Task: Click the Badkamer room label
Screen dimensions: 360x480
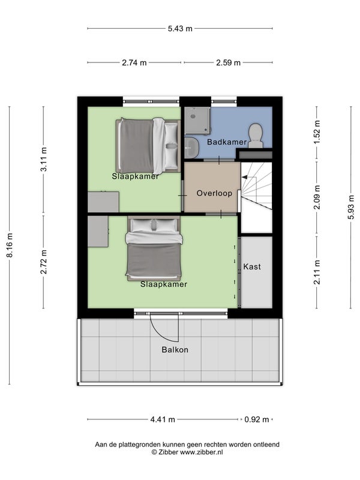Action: pos(227,142)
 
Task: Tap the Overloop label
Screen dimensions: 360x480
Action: pos(214,193)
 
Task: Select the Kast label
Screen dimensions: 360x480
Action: pos(252,266)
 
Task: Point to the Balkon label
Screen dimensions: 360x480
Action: pos(175,350)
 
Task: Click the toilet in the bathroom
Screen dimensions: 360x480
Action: pos(256,136)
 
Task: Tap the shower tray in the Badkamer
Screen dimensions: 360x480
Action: pos(197,121)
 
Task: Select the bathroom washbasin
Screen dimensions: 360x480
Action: pos(191,148)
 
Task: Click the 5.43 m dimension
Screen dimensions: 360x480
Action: pos(180,28)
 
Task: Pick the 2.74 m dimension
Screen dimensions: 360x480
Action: pos(134,63)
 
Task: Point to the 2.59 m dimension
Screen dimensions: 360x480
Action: pos(229,63)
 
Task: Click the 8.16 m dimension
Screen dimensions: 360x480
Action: pos(10,245)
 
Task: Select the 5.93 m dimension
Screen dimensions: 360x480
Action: pos(351,207)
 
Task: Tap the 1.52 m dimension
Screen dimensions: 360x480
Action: pos(317,132)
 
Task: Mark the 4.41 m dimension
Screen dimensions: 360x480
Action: pos(163,419)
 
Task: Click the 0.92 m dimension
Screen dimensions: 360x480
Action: pos(257,419)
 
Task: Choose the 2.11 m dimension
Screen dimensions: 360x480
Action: pos(317,272)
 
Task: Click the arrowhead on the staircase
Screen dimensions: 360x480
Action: pos(244,177)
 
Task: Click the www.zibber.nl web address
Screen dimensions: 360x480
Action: pos(201,452)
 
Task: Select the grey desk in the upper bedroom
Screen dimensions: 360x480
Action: pos(103,202)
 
